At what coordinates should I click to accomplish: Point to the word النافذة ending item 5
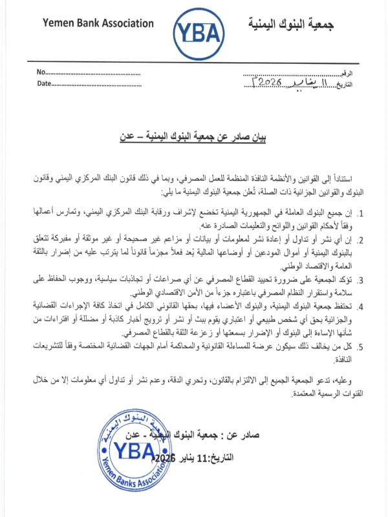point(338,360)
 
